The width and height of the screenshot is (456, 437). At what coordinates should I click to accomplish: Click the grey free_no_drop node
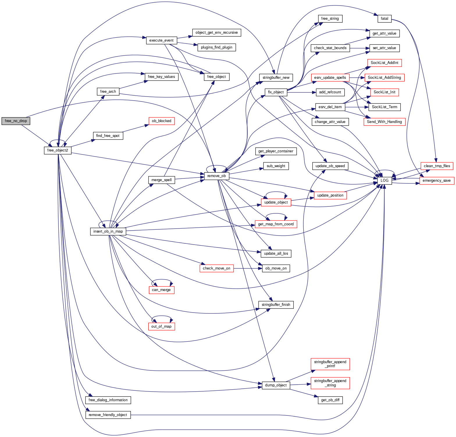click(16, 121)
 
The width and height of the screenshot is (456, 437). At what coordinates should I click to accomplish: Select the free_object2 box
click(58, 150)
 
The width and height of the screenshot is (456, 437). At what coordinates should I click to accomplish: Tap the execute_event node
click(161, 40)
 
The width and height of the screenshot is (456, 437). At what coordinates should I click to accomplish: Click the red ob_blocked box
click(161, 121)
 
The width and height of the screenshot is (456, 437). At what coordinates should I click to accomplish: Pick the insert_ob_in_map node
click(108, 231)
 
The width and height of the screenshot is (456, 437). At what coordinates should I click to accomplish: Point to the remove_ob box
click(217, 176)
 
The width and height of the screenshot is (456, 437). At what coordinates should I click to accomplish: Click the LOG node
click(384, 181)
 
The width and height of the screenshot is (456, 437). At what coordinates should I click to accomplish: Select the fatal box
click(384, 19)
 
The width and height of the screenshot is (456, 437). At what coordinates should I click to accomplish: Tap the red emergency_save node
click(437, 181)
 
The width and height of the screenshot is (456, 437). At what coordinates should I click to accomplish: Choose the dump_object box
click(276, 385)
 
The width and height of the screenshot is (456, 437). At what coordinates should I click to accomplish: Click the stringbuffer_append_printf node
click(330, 364)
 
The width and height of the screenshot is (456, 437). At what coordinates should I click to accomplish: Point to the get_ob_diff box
click(330, 400)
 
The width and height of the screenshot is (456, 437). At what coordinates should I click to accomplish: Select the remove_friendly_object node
click(108, 415)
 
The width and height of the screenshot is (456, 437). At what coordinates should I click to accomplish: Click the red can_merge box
click(161, 290)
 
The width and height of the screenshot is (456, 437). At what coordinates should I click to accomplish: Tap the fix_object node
click(276, 92)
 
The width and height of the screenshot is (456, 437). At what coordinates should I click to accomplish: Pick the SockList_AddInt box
click(384, 63)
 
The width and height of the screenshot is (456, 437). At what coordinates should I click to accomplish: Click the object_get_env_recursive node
click(217, 33)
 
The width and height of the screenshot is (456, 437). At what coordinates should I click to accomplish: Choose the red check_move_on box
click(217, 268)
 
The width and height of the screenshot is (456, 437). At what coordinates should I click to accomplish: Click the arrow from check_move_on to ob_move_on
click(247, 268)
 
